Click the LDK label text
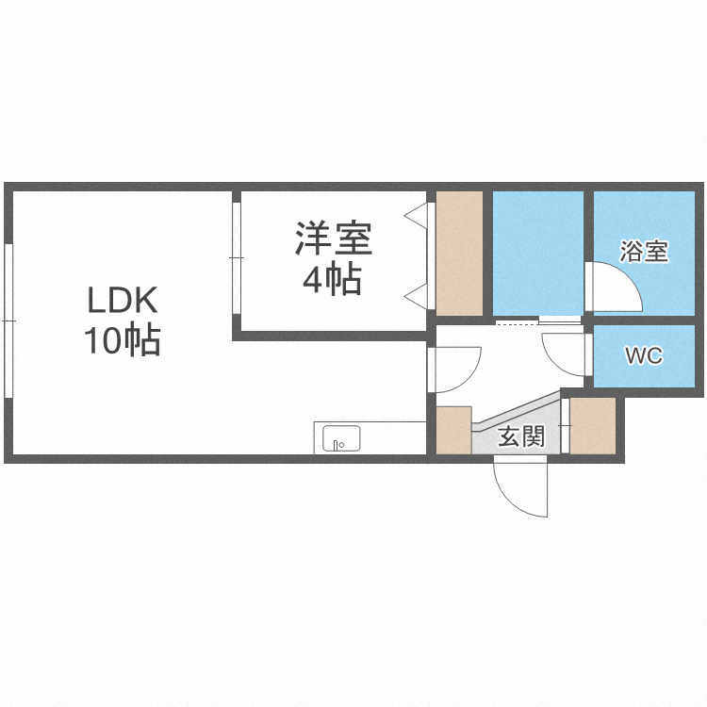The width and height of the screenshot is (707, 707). (120, 301)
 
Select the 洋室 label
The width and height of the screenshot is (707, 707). (334, 238)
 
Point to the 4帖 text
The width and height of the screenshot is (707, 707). (332, 280)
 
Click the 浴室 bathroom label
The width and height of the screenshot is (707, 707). (644, 252)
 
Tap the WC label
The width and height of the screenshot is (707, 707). (644, 356)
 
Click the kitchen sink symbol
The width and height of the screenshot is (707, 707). (341, 439)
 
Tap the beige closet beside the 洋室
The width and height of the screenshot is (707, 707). (459, 255)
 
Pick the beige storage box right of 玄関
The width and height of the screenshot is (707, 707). (593, 426)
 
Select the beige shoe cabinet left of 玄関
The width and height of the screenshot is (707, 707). (453, 431)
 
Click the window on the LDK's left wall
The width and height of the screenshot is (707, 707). (8, 321)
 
